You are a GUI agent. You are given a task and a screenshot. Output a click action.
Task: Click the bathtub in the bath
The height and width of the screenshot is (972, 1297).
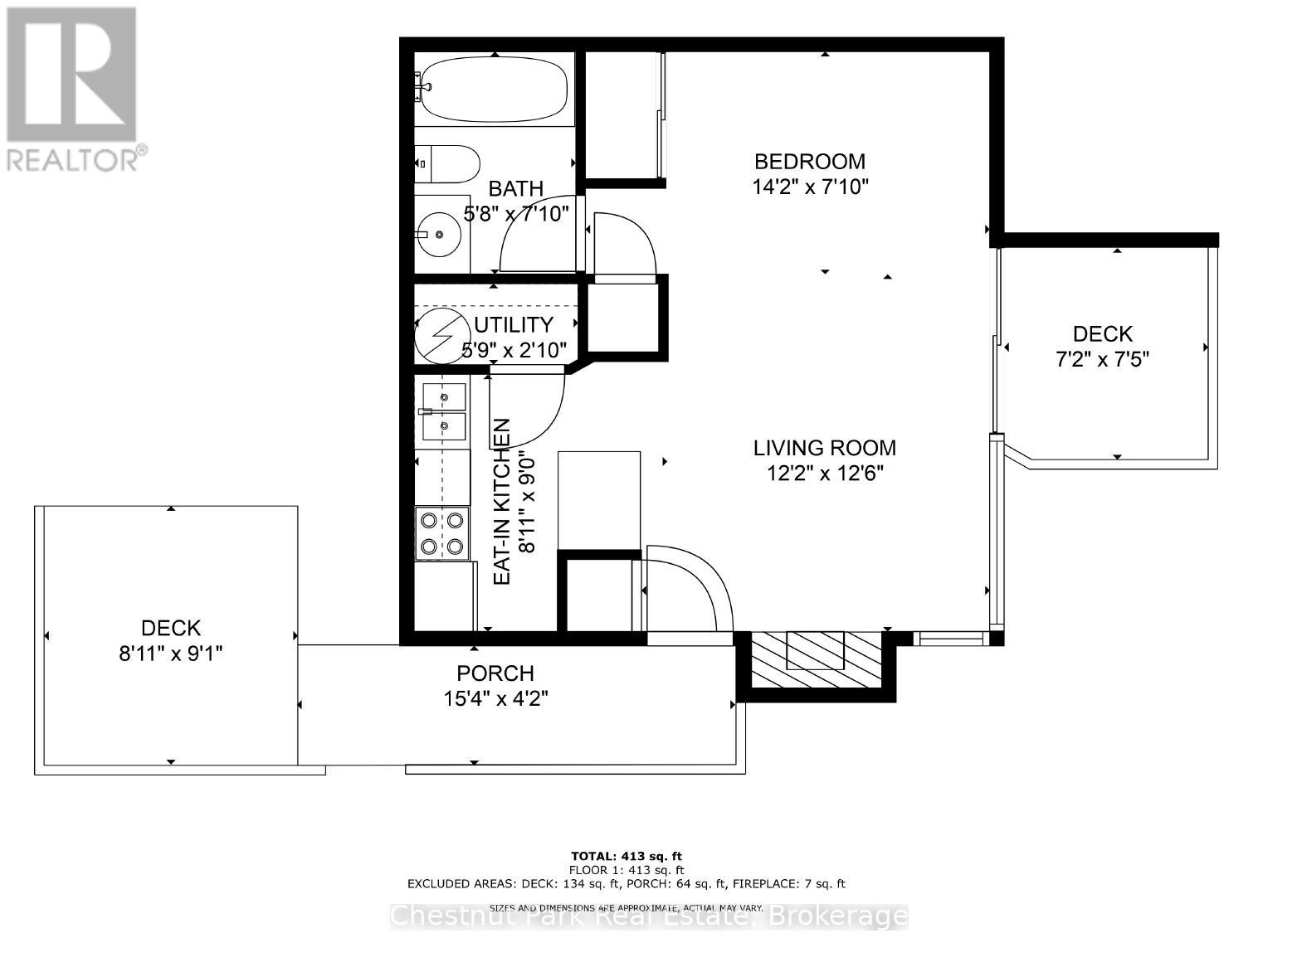click(495, 90)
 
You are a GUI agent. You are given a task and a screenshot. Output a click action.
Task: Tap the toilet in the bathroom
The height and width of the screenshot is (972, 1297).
click(447, 165)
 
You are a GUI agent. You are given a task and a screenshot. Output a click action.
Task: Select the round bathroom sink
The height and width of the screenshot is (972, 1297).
click(439, 234)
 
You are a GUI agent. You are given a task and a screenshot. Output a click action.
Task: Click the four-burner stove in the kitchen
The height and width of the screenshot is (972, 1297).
click(441, 533)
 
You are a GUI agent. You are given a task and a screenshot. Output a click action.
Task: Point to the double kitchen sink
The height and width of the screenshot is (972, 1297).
click(444, 412)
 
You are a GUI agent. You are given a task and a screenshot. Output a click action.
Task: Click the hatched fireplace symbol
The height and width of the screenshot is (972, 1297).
click(816, 660)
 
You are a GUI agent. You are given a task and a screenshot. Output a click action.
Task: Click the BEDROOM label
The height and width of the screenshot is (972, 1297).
click(809, 162)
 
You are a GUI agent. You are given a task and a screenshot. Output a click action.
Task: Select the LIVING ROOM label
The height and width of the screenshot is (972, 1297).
click(824, 449)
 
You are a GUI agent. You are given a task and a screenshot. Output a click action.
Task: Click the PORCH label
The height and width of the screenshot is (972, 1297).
click(495, 673)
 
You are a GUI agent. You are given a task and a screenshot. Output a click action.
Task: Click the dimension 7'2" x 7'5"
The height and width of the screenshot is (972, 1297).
click(1102, 359)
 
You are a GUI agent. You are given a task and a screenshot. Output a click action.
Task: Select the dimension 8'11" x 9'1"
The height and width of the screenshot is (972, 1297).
click(170, 654)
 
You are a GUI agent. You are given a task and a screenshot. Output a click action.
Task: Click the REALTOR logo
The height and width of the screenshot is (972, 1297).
click(73, 87)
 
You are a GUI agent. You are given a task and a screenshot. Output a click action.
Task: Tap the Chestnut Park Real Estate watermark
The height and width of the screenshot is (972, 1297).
click(649, 916)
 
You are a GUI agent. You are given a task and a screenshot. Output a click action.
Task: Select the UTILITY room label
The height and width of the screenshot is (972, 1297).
click(514, 324)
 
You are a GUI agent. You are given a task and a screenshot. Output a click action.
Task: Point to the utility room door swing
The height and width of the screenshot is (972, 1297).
click(531, 406)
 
